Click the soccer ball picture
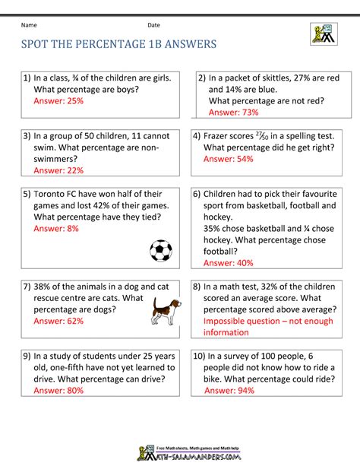pyautogui.click(x=161, y=250)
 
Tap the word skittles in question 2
pyautogui.click(x=276, y=78)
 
